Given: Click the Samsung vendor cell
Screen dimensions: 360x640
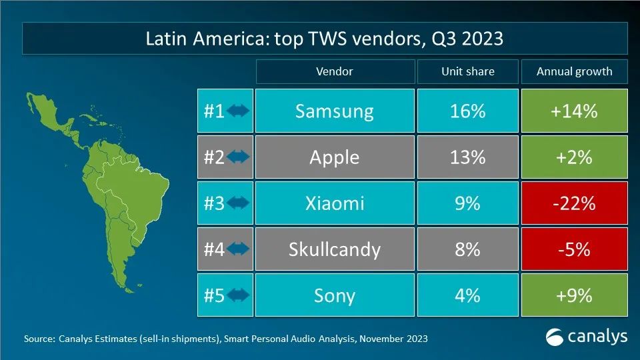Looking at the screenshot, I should pos(334,111).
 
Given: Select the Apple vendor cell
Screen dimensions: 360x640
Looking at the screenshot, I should pos(334,157).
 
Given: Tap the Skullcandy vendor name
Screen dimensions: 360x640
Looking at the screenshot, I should pos(334,249).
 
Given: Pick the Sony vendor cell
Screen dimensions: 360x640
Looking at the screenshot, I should pos(334,295).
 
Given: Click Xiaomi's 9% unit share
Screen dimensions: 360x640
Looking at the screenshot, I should pos(467,203).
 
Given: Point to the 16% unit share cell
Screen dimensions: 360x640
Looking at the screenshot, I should pos(467,111).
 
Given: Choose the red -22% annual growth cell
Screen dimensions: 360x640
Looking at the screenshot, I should pos(573,203).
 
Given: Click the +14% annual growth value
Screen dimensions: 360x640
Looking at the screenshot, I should pos(573,111).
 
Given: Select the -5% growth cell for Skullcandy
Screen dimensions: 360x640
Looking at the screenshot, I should pos(573,249).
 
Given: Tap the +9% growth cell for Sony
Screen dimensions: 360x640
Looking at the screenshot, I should pos(573,295).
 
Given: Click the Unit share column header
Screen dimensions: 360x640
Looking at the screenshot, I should pos(467,71).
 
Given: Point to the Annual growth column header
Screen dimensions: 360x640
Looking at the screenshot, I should pos(574,71).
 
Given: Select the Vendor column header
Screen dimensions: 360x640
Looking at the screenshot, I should pos(334,71).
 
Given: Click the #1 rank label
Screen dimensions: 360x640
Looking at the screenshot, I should pos(213,111).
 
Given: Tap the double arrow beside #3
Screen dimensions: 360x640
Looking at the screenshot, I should pos(238,203).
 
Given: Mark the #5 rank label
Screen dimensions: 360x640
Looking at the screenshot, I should pos(213,295).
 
